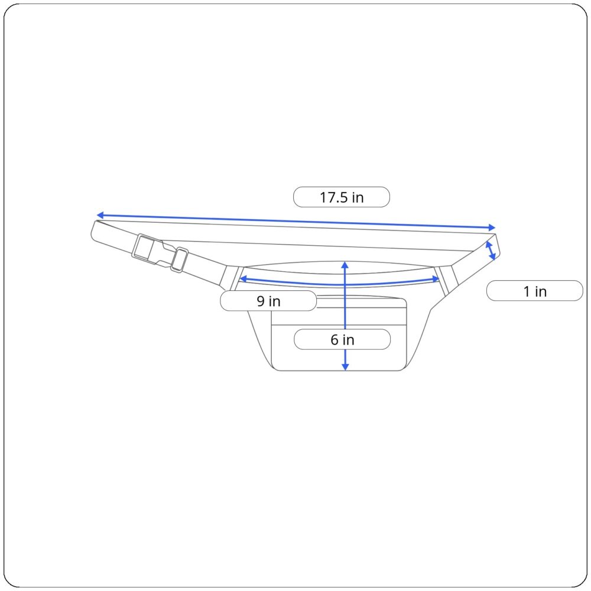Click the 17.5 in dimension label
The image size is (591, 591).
[x=342, y=197]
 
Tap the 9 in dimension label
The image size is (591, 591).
[x=268, y=301]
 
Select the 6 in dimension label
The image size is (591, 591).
[x=342, y=339]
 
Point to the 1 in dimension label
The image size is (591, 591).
[x=535, y=291]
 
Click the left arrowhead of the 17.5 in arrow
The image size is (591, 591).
[x=100, y=215]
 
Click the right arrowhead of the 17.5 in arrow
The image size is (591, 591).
[x=492, y=228]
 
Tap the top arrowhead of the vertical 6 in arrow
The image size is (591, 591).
[x=345, y=265]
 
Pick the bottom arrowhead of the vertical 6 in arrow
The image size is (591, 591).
[x=345, y=367]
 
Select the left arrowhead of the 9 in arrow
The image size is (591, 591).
[x=243, y=279]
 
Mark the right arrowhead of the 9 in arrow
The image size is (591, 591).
[x=436, y=280]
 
